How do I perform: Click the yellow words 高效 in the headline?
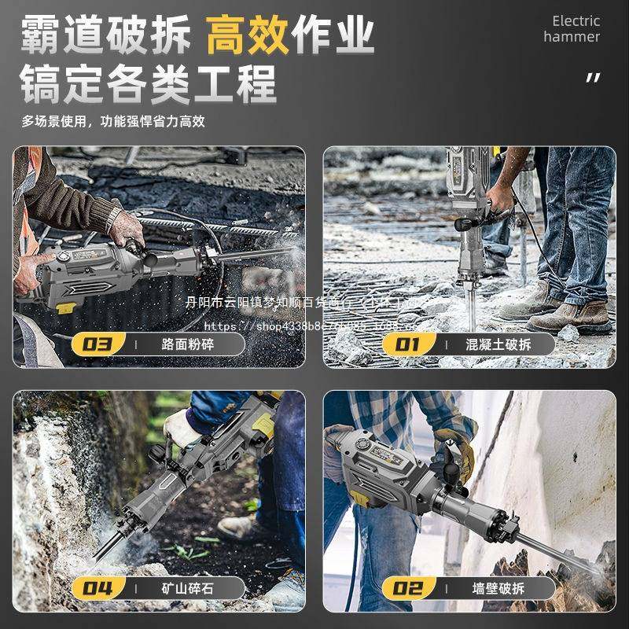click(x=247, y=37)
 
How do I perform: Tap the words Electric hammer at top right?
click(x=575, y=29)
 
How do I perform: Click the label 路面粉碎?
click(x=187, y=344)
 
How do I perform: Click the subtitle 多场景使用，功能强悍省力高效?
click(x=113, y=121)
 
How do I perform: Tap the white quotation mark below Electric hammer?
click(x=593, y=77)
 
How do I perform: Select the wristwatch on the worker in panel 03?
click(x=115, y=217)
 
